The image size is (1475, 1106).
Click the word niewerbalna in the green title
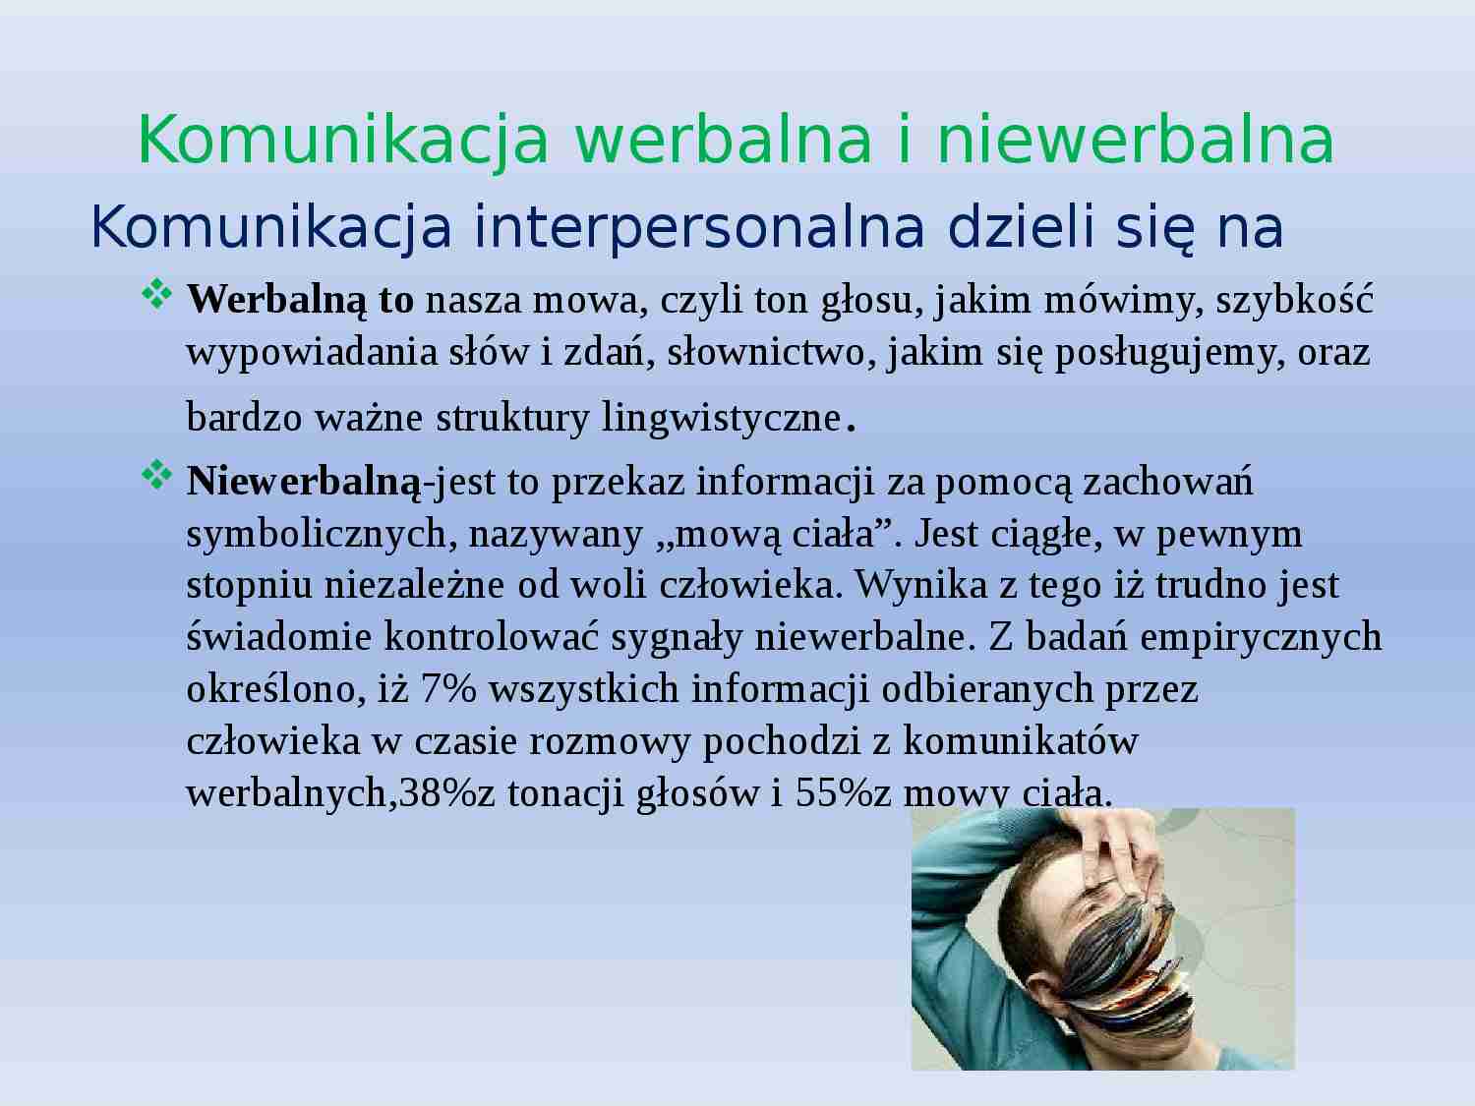coord(1136,139)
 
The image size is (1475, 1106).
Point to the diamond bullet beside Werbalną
coord(156,294)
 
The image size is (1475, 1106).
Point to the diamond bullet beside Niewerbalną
coord(156,476)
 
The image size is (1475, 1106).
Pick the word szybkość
coord(1295,300)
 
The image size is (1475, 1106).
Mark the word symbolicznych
coord(320,534)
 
